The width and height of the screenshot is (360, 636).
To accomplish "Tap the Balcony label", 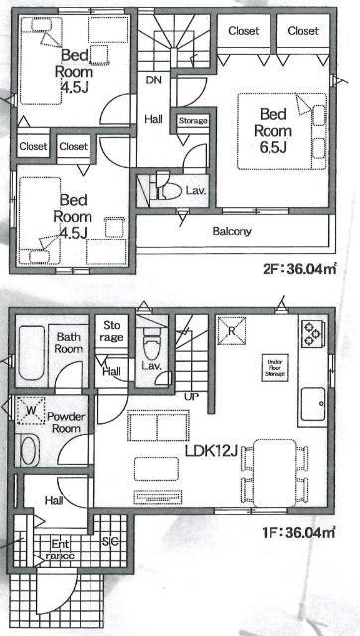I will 259,232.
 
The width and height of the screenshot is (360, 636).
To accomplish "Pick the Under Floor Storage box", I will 275,365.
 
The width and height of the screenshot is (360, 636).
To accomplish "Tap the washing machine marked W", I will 29,408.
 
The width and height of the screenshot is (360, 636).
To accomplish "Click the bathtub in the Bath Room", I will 27,354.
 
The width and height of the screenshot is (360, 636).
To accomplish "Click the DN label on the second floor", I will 154,79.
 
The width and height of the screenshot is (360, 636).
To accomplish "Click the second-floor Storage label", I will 192,120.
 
